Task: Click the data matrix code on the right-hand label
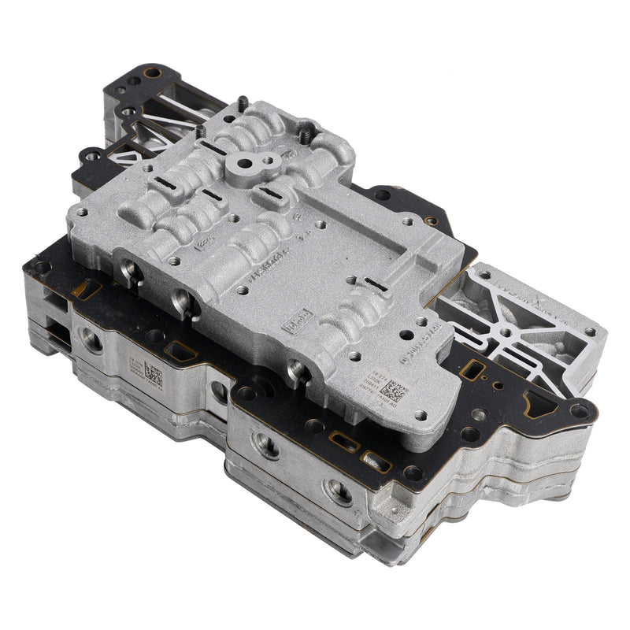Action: (391, 390)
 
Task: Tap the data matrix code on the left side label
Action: (154, 376)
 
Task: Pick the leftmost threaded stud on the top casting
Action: (201, 131)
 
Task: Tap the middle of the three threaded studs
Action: (243, 103)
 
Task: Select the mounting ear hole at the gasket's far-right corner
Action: (580, 410)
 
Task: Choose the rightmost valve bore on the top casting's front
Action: (298, 370)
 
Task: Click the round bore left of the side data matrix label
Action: (92, 341)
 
